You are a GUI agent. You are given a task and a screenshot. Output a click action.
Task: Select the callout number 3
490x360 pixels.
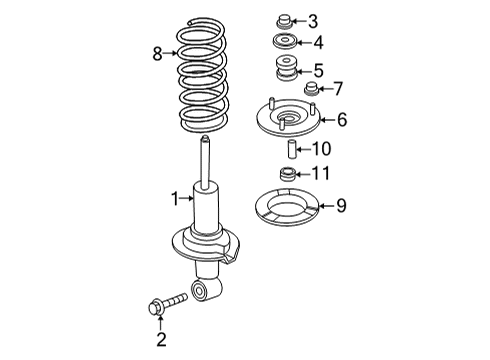click(x=313, y=21)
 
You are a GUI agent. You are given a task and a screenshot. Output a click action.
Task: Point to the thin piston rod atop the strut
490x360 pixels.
click(x=207, y=160)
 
